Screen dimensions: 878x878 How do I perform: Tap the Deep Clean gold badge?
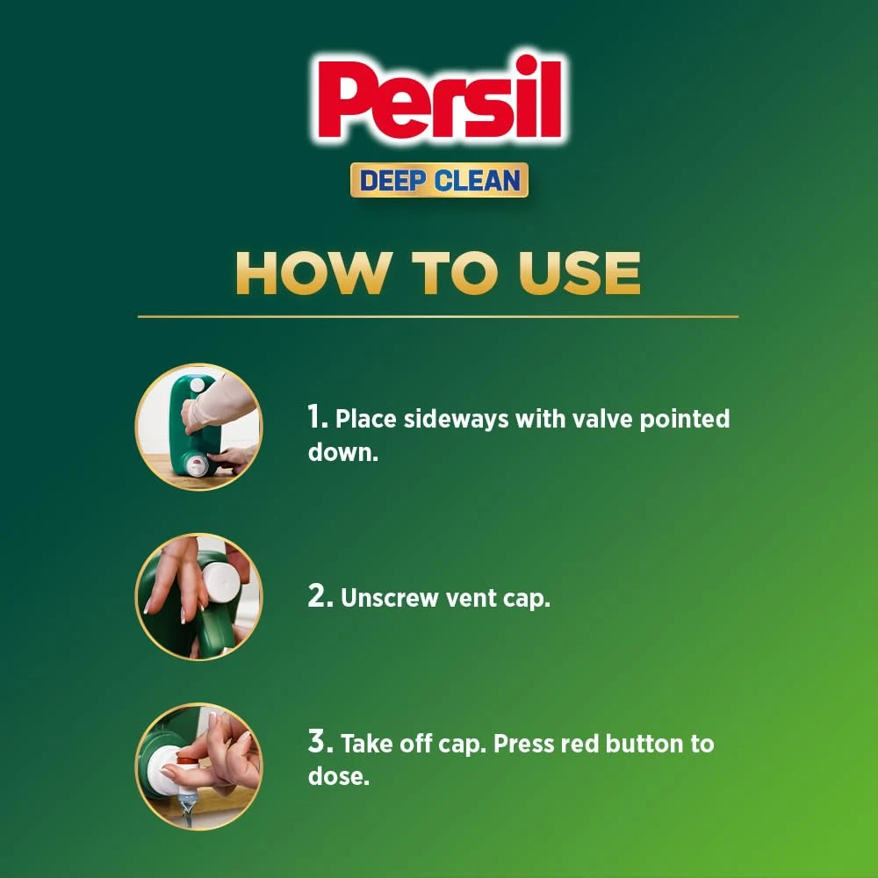(439, 180)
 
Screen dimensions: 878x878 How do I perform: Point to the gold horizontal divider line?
(439, 316)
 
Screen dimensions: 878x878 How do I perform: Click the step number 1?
(316, 418)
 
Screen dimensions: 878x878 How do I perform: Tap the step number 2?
(318, 598)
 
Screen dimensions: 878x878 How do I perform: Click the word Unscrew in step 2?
(387, 599)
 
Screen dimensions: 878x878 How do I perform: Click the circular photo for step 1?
(198, 427)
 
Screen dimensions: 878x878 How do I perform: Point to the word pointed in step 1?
(684, 419)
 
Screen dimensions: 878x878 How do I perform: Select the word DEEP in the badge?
(397, 181)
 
